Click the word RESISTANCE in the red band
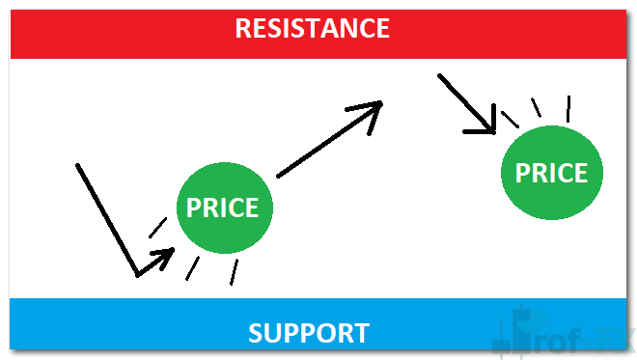tap(313, 28)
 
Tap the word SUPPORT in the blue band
tap(308, 334)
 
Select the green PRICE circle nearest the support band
tap(224, 208)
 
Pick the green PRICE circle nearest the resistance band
tap(552, 173)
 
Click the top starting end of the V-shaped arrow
tap(77, 165)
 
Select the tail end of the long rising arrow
tap(279, 177)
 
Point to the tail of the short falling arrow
tap(440, 74)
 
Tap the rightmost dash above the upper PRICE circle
tap(568, 105)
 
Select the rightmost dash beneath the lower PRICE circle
tap(232, 273)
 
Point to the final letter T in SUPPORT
tap(359, 334)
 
